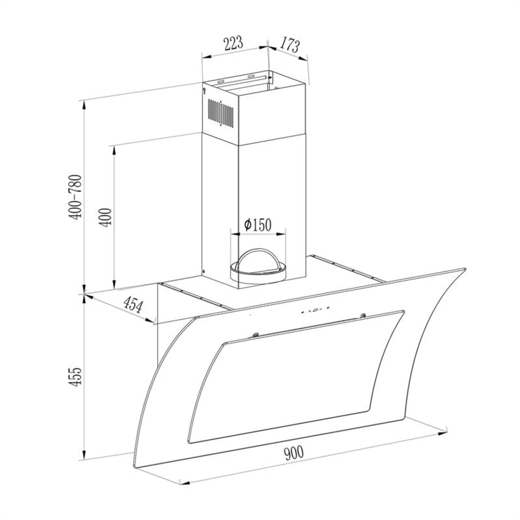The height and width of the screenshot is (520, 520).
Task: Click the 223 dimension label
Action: point(233,43)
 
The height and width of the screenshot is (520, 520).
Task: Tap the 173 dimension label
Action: point(289,45)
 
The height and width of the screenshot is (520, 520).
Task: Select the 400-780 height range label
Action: point(75,197)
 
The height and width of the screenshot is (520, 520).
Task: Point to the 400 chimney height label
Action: point(106,217)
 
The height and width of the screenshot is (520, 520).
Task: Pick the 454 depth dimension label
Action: point(133,305)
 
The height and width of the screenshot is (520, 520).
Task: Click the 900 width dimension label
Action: point(294,453)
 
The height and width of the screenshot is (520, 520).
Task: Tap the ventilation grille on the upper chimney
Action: point(220,113)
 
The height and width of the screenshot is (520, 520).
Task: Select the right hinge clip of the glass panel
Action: point(363,315)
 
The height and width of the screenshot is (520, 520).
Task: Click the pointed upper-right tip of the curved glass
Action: point(465,269)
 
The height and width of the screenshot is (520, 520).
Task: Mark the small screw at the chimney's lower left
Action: point(203,271)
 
